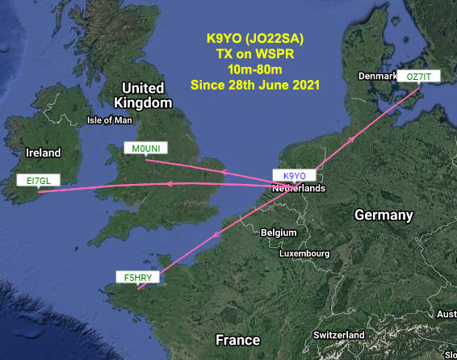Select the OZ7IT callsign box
pos(420,76)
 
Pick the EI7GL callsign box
pos(37,181)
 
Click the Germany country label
pos(384,216)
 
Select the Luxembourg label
pos(304,253)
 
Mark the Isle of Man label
pos(109,121)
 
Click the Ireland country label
pos(43,153)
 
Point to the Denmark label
pos(376,76)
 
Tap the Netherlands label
pos(299,188)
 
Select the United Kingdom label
pos(144,95)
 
